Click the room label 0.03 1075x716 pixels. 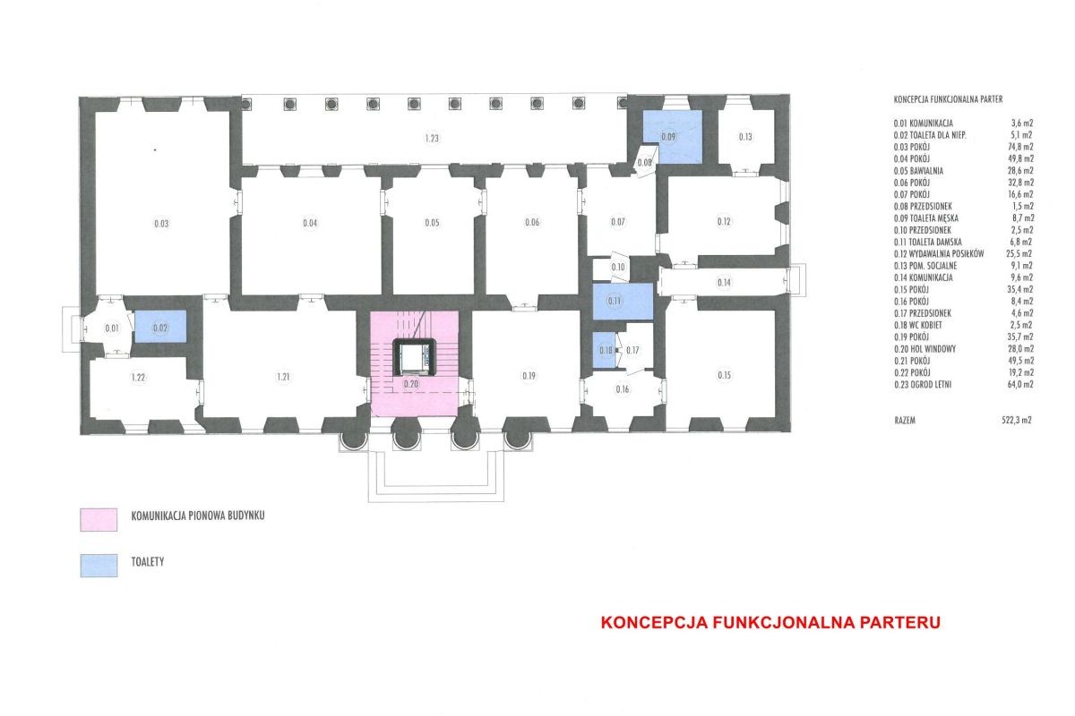pos(161,224)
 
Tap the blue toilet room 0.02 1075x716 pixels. pos(160,327)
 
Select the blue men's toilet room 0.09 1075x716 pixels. pos(673,137)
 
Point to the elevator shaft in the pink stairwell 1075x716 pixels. pos(414,357)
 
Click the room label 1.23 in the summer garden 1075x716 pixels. pos(432,138)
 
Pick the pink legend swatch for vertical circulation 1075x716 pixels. pos(99,520)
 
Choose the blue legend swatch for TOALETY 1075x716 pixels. pos(99,566)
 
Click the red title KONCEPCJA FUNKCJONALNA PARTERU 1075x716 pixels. pos(770,622)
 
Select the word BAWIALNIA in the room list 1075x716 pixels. pos(926,171)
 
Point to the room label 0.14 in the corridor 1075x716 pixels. pos(724,283)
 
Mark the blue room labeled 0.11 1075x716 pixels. pos(623,302)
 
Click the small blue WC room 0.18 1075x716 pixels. pos(604,351)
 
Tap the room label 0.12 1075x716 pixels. pos(724,222)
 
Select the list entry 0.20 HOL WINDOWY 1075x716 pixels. pos(924,349)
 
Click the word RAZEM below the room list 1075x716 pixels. pos(905,421)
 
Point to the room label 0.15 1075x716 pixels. pos(725,375)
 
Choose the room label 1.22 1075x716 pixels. pos(138,378)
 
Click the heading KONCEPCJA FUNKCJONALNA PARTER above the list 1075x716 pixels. pos(948,99)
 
